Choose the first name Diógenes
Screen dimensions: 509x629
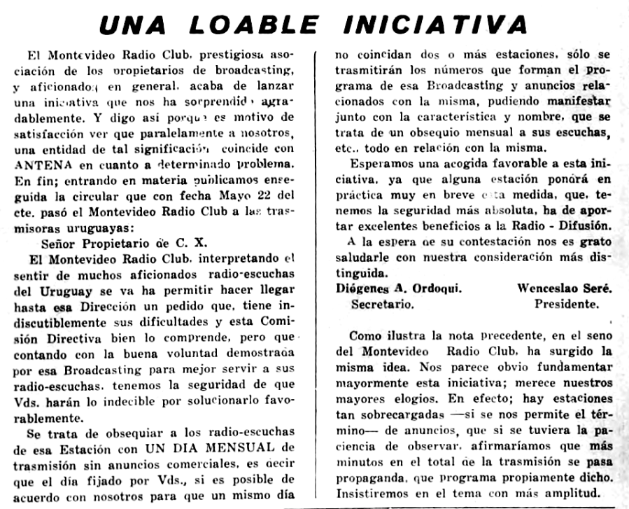(x=364, y=289)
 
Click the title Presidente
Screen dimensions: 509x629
(x=567, y=305)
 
